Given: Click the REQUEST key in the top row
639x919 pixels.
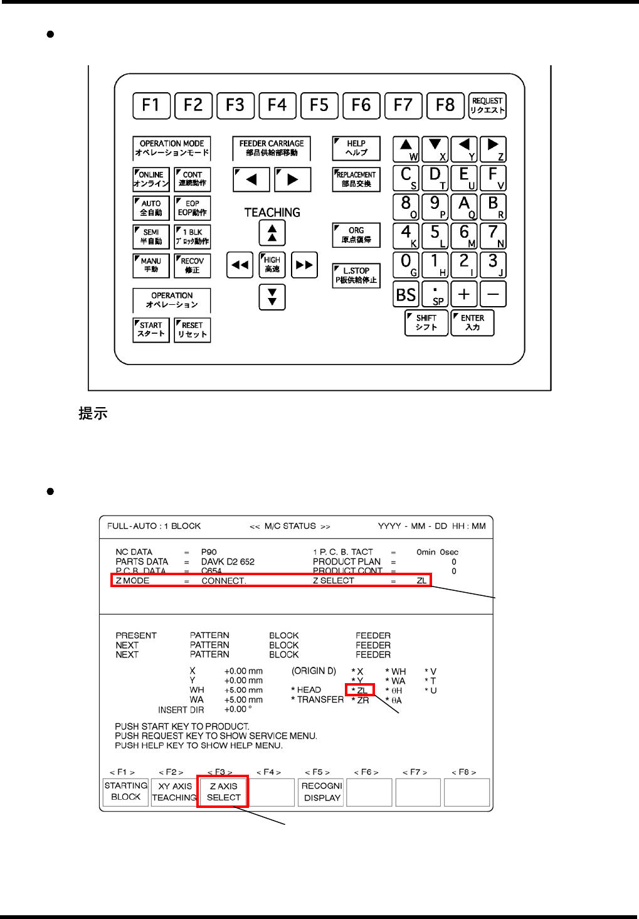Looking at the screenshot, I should click(x=487, y=105).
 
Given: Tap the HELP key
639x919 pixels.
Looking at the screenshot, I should click(x=356, y=148).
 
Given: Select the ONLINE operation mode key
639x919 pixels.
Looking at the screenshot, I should click(x=151, y=179).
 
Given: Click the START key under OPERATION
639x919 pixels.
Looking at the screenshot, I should click(x=151, y=330).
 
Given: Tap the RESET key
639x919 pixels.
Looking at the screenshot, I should click(x=193, y=330).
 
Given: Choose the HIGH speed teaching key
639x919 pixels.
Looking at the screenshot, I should click(x=272, y=265).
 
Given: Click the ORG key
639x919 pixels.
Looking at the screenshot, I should click(x=356, y=235).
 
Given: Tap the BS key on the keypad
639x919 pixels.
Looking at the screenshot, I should click(x=406, y=294).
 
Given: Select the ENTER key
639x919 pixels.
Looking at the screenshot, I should click(x=473, y=322).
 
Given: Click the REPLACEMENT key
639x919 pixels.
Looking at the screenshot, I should click(x=356, y=179).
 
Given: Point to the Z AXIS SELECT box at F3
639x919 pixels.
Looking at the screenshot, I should click(x=223, y=792).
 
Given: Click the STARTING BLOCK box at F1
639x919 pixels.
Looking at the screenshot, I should click(x=126, y=792).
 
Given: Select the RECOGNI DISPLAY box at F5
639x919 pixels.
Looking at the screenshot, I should click(x=322, y=792).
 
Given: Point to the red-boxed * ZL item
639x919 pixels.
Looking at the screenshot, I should click(x=360, y=690).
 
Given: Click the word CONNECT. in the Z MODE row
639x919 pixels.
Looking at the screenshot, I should click(x=223, y=581).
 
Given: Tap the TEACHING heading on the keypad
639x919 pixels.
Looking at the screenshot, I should click(x=272, y=213).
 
